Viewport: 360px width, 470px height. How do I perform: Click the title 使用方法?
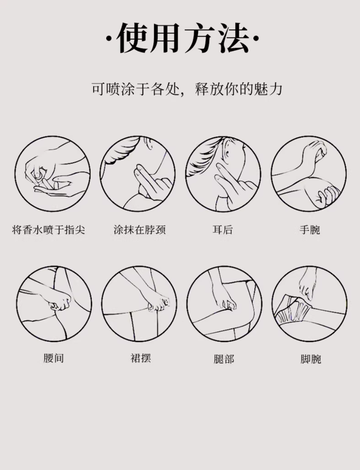coord(183,38)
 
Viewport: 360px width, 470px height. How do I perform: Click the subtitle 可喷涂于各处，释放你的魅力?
coord(187,89)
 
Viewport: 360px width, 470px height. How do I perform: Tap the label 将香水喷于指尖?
coord(48,230)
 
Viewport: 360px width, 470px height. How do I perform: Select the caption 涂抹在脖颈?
coord(140,230)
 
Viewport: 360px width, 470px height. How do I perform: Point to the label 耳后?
coord(223,230)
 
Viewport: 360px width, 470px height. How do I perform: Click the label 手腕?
coord(310,230)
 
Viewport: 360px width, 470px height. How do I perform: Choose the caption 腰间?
coord(54,358)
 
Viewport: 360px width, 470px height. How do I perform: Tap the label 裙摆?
coord(140,358)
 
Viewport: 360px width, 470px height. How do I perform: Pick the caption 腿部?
coord(224,358)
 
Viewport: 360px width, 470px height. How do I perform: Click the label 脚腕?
coord(311,358)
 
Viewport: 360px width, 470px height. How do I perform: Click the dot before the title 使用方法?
coord(109,39)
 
